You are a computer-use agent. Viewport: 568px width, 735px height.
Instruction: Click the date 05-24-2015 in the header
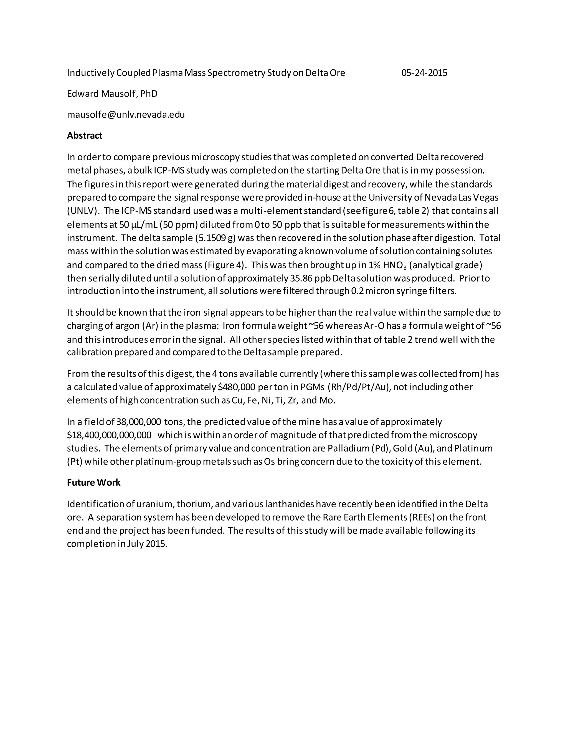click(424, 73)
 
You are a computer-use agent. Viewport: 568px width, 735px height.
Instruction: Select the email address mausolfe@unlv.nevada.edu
click(126, 115)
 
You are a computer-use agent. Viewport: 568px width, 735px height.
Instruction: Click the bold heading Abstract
click(85, 136)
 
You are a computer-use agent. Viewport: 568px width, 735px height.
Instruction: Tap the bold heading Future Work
click(93, 483)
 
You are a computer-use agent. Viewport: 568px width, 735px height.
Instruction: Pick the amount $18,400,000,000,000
click(109, 435)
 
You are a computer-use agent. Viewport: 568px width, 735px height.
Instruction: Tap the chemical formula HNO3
click(395, 265)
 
